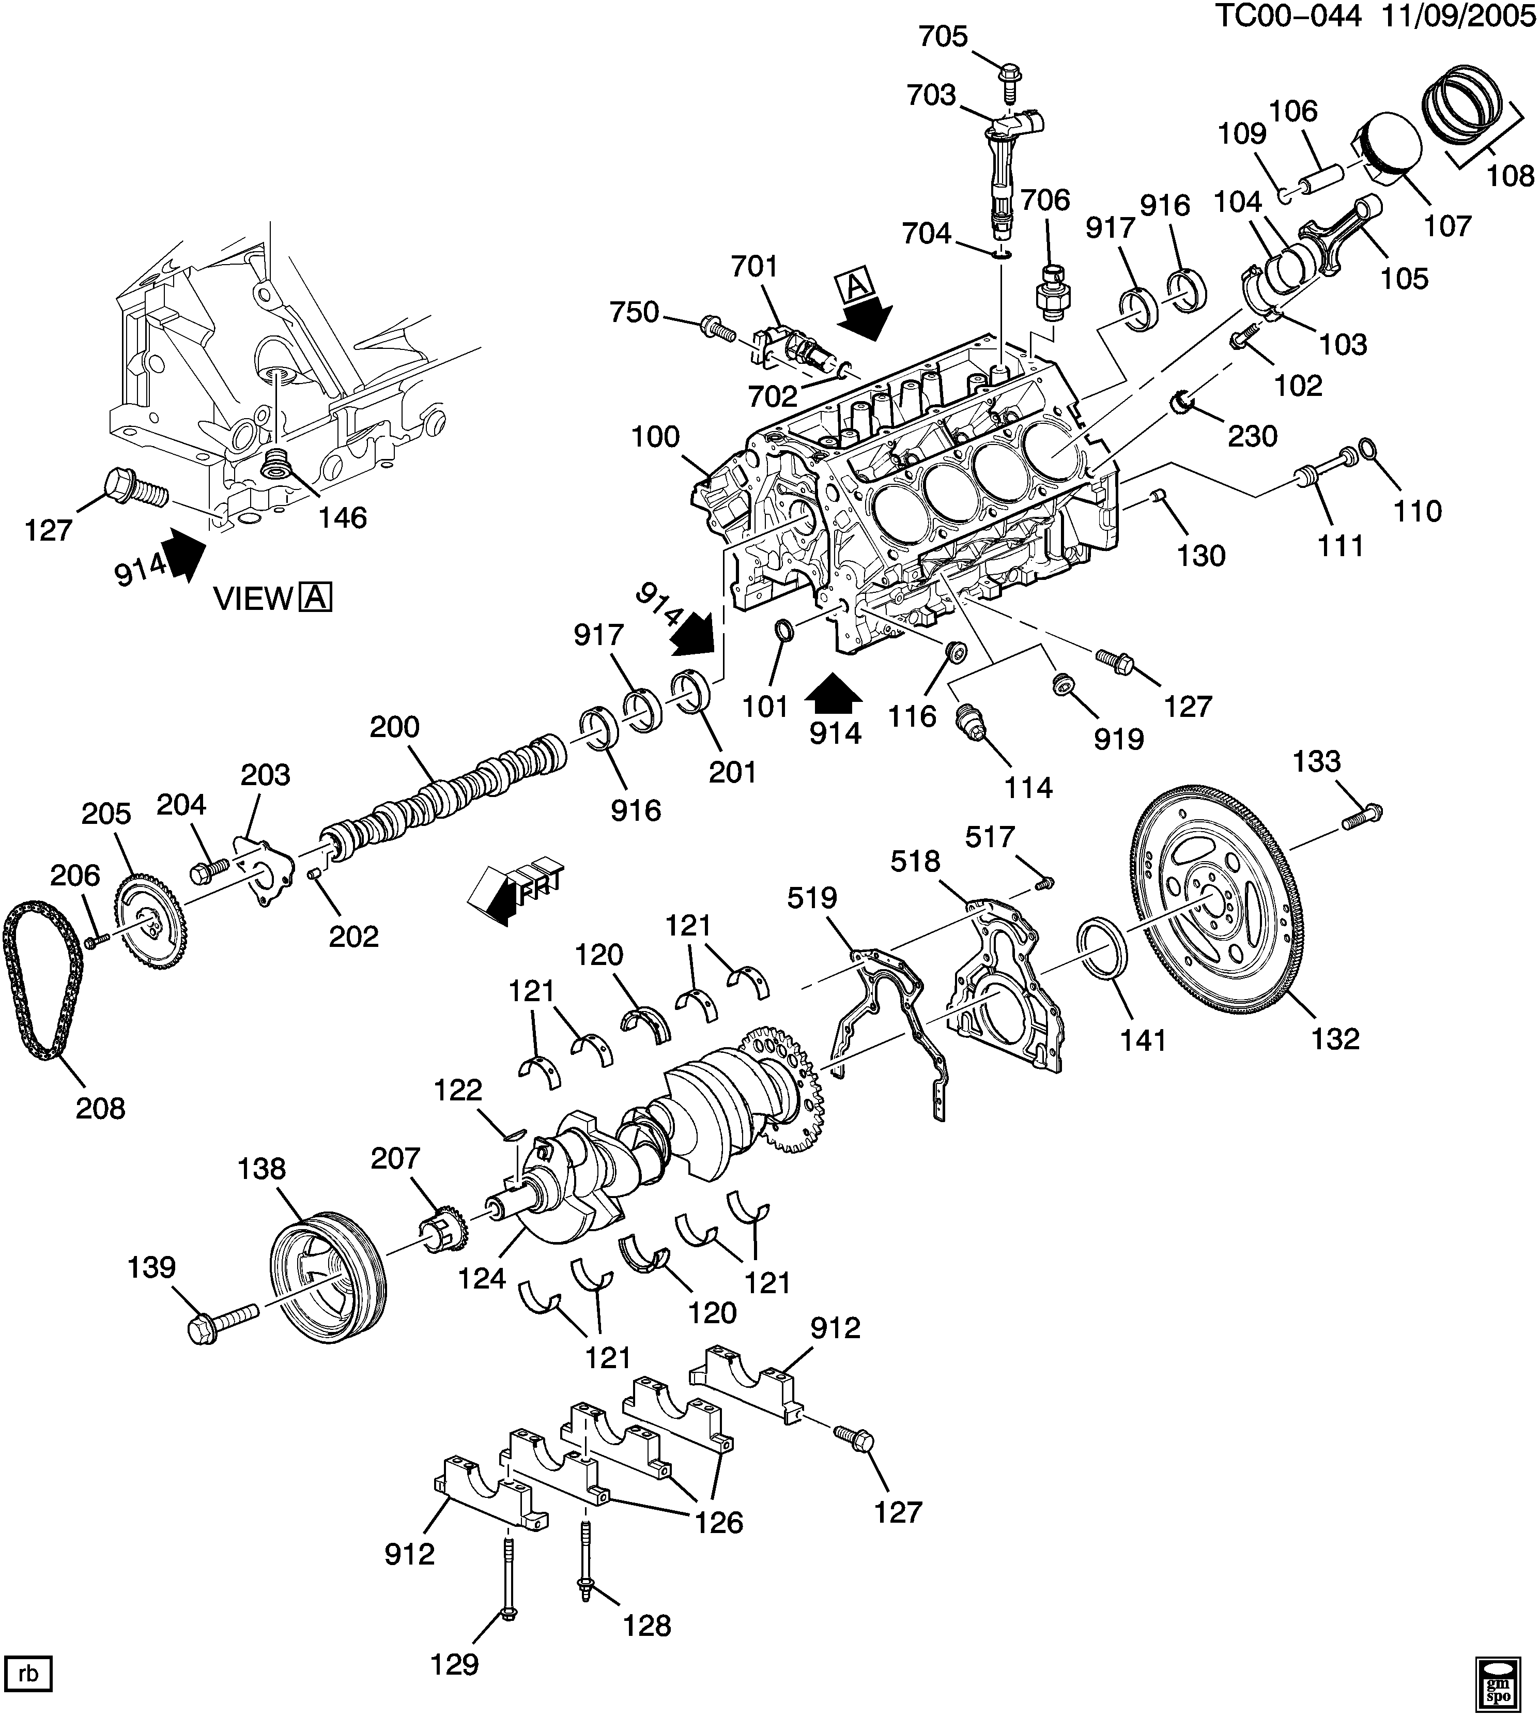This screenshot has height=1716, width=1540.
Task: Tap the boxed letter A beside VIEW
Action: click(316, 598)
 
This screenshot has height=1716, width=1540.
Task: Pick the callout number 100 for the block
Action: click(656, 437)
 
